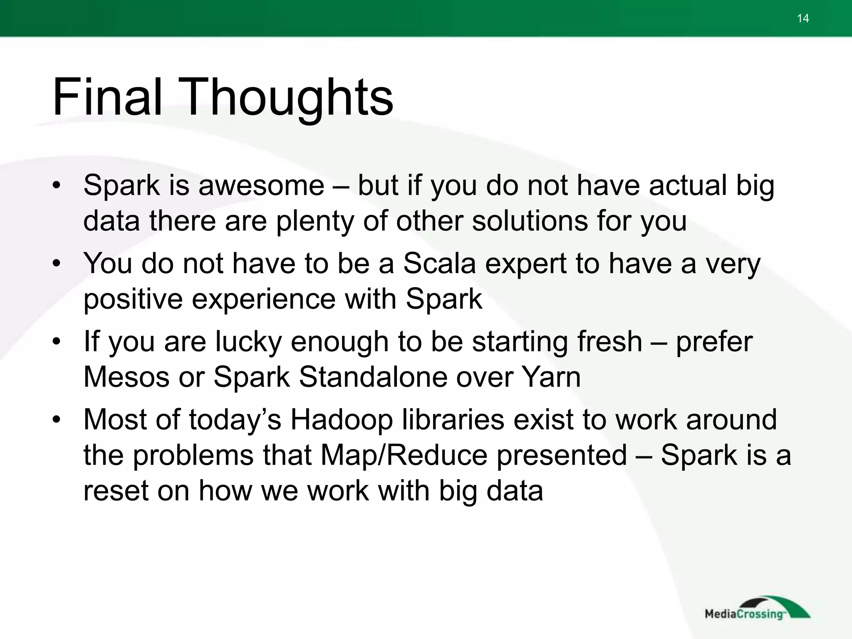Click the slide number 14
point(802,18)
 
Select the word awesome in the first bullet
point(261,185)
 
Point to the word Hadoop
point(342,420)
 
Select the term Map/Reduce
point(404,455)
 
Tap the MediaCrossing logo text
point(744,614)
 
